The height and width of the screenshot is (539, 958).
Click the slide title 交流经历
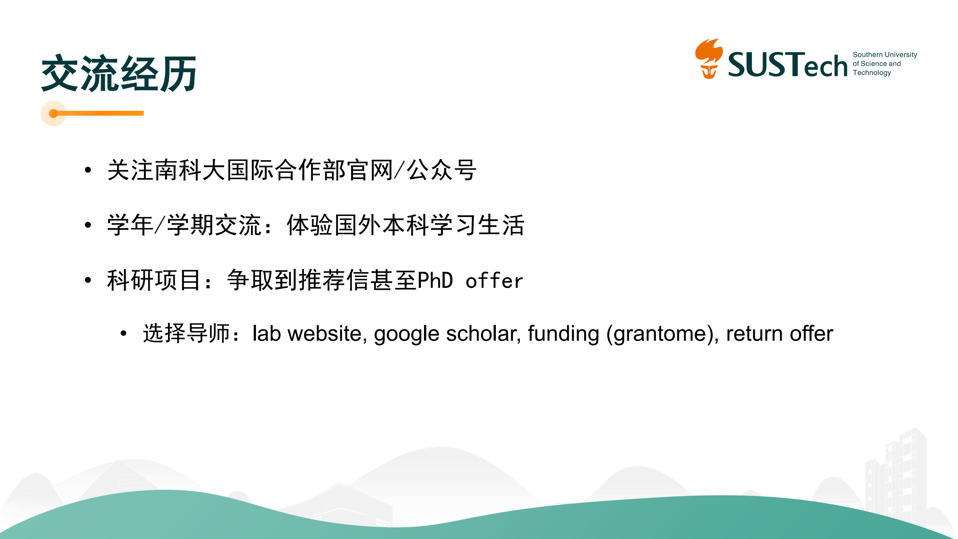pos(119,73)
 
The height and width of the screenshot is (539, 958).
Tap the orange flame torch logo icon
pos(709,59)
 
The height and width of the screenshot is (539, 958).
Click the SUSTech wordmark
pos(788,65)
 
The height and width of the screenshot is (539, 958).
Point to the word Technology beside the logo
pos(872,73)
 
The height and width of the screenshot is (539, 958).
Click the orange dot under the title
pos(54,113)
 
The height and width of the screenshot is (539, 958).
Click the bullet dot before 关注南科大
pos(88,170)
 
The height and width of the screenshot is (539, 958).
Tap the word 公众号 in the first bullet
pos(442,170)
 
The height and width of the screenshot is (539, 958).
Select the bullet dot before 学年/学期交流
pos(88,225)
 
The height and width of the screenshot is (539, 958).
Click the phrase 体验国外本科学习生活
pos(406,225)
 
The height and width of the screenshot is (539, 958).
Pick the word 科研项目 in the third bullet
pos(154,280)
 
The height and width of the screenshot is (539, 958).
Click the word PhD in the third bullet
pos(435,280)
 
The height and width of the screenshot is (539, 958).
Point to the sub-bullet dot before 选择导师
pos(123,333)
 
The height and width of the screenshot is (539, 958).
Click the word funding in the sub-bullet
pos(564,334)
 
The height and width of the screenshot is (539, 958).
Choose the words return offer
pos(780,333)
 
